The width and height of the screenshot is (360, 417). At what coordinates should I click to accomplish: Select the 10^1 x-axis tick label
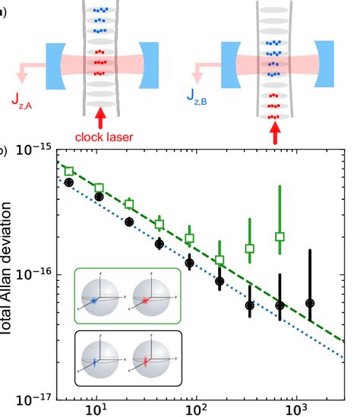[96, 410]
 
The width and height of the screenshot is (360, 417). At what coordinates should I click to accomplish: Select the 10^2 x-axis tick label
[197, 410]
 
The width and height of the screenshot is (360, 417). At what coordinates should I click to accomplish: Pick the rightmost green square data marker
[279, 237]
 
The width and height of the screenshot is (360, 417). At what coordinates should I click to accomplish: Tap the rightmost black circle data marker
[309, 303]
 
